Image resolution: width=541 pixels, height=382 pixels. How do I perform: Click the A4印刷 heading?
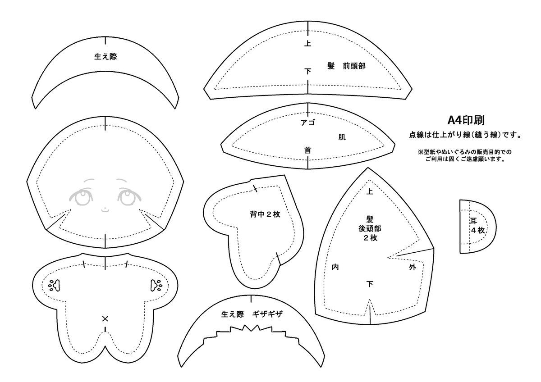(x=466, y=120)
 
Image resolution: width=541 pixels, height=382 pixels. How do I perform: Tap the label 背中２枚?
(x=265, y=214)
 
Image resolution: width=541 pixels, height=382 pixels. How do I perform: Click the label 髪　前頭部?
(x=346, y=66)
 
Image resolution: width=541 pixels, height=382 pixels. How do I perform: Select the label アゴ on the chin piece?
(x=307, y=123)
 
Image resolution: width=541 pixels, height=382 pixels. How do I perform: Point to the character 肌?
(x=342, y=137)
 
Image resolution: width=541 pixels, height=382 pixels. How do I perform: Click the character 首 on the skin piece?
(x=307, y=150)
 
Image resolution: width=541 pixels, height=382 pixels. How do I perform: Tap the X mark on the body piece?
(x=105, y=319)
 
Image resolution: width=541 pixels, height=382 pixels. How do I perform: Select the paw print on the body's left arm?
(x=55, y=286)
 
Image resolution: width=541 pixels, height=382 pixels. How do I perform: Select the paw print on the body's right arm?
(x=156, y=286)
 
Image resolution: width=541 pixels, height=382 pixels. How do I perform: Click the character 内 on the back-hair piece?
(x=335, y=267)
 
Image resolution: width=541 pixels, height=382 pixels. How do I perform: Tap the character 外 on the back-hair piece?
(x=413, y=267)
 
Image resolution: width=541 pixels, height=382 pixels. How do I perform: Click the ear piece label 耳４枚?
(x=477, y=226)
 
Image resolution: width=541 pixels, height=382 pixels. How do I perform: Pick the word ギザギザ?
(x=267, y=314)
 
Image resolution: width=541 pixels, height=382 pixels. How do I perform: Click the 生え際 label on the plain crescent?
(x=105, y=57)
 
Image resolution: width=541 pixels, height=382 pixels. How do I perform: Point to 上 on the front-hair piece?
(x=307, y=43)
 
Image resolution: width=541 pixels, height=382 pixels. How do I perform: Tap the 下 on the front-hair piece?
(x=307, y=72)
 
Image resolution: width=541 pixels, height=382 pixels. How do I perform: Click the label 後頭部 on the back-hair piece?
(x=370, y=228)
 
